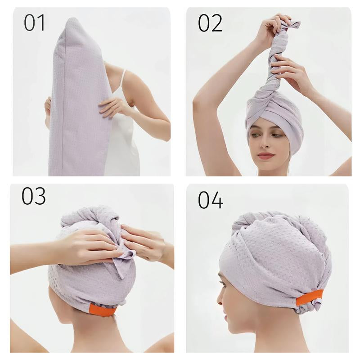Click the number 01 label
35,23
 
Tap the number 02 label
210,23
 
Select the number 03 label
34,197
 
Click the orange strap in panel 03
102,310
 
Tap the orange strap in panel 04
309,297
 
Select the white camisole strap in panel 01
122,81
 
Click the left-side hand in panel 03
85,245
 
